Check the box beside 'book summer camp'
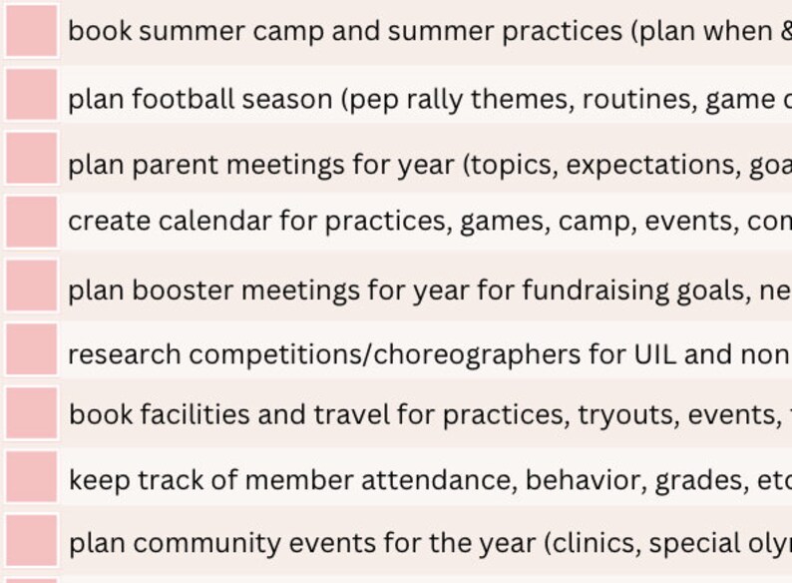point(31,30)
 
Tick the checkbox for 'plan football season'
point(31,96)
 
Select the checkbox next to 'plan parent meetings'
point(31,160)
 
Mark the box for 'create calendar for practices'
point(31,222)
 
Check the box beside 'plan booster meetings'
point(31,287)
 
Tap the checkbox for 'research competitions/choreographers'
point(31,350)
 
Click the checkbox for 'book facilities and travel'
point(31,413)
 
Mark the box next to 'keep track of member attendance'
point(31,477)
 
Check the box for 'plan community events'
point(31,540)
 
